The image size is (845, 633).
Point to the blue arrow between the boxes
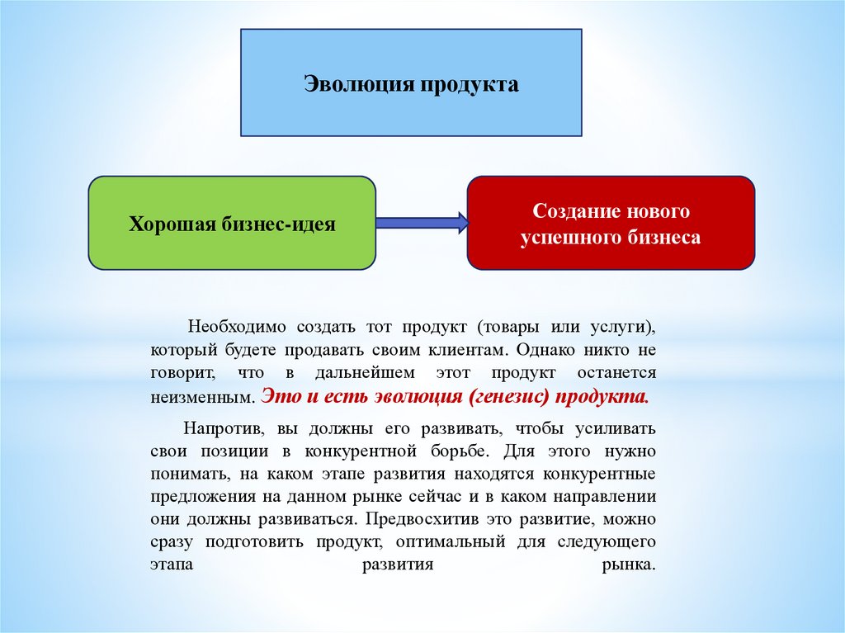click(x=421, y=221)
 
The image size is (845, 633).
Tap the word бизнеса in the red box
click(x=665, y=238)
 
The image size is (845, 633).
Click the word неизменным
click(x=201, y=397)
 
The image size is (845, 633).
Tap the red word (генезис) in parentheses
click(x=509, y=396)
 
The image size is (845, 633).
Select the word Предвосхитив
click(x=437, y=521)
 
